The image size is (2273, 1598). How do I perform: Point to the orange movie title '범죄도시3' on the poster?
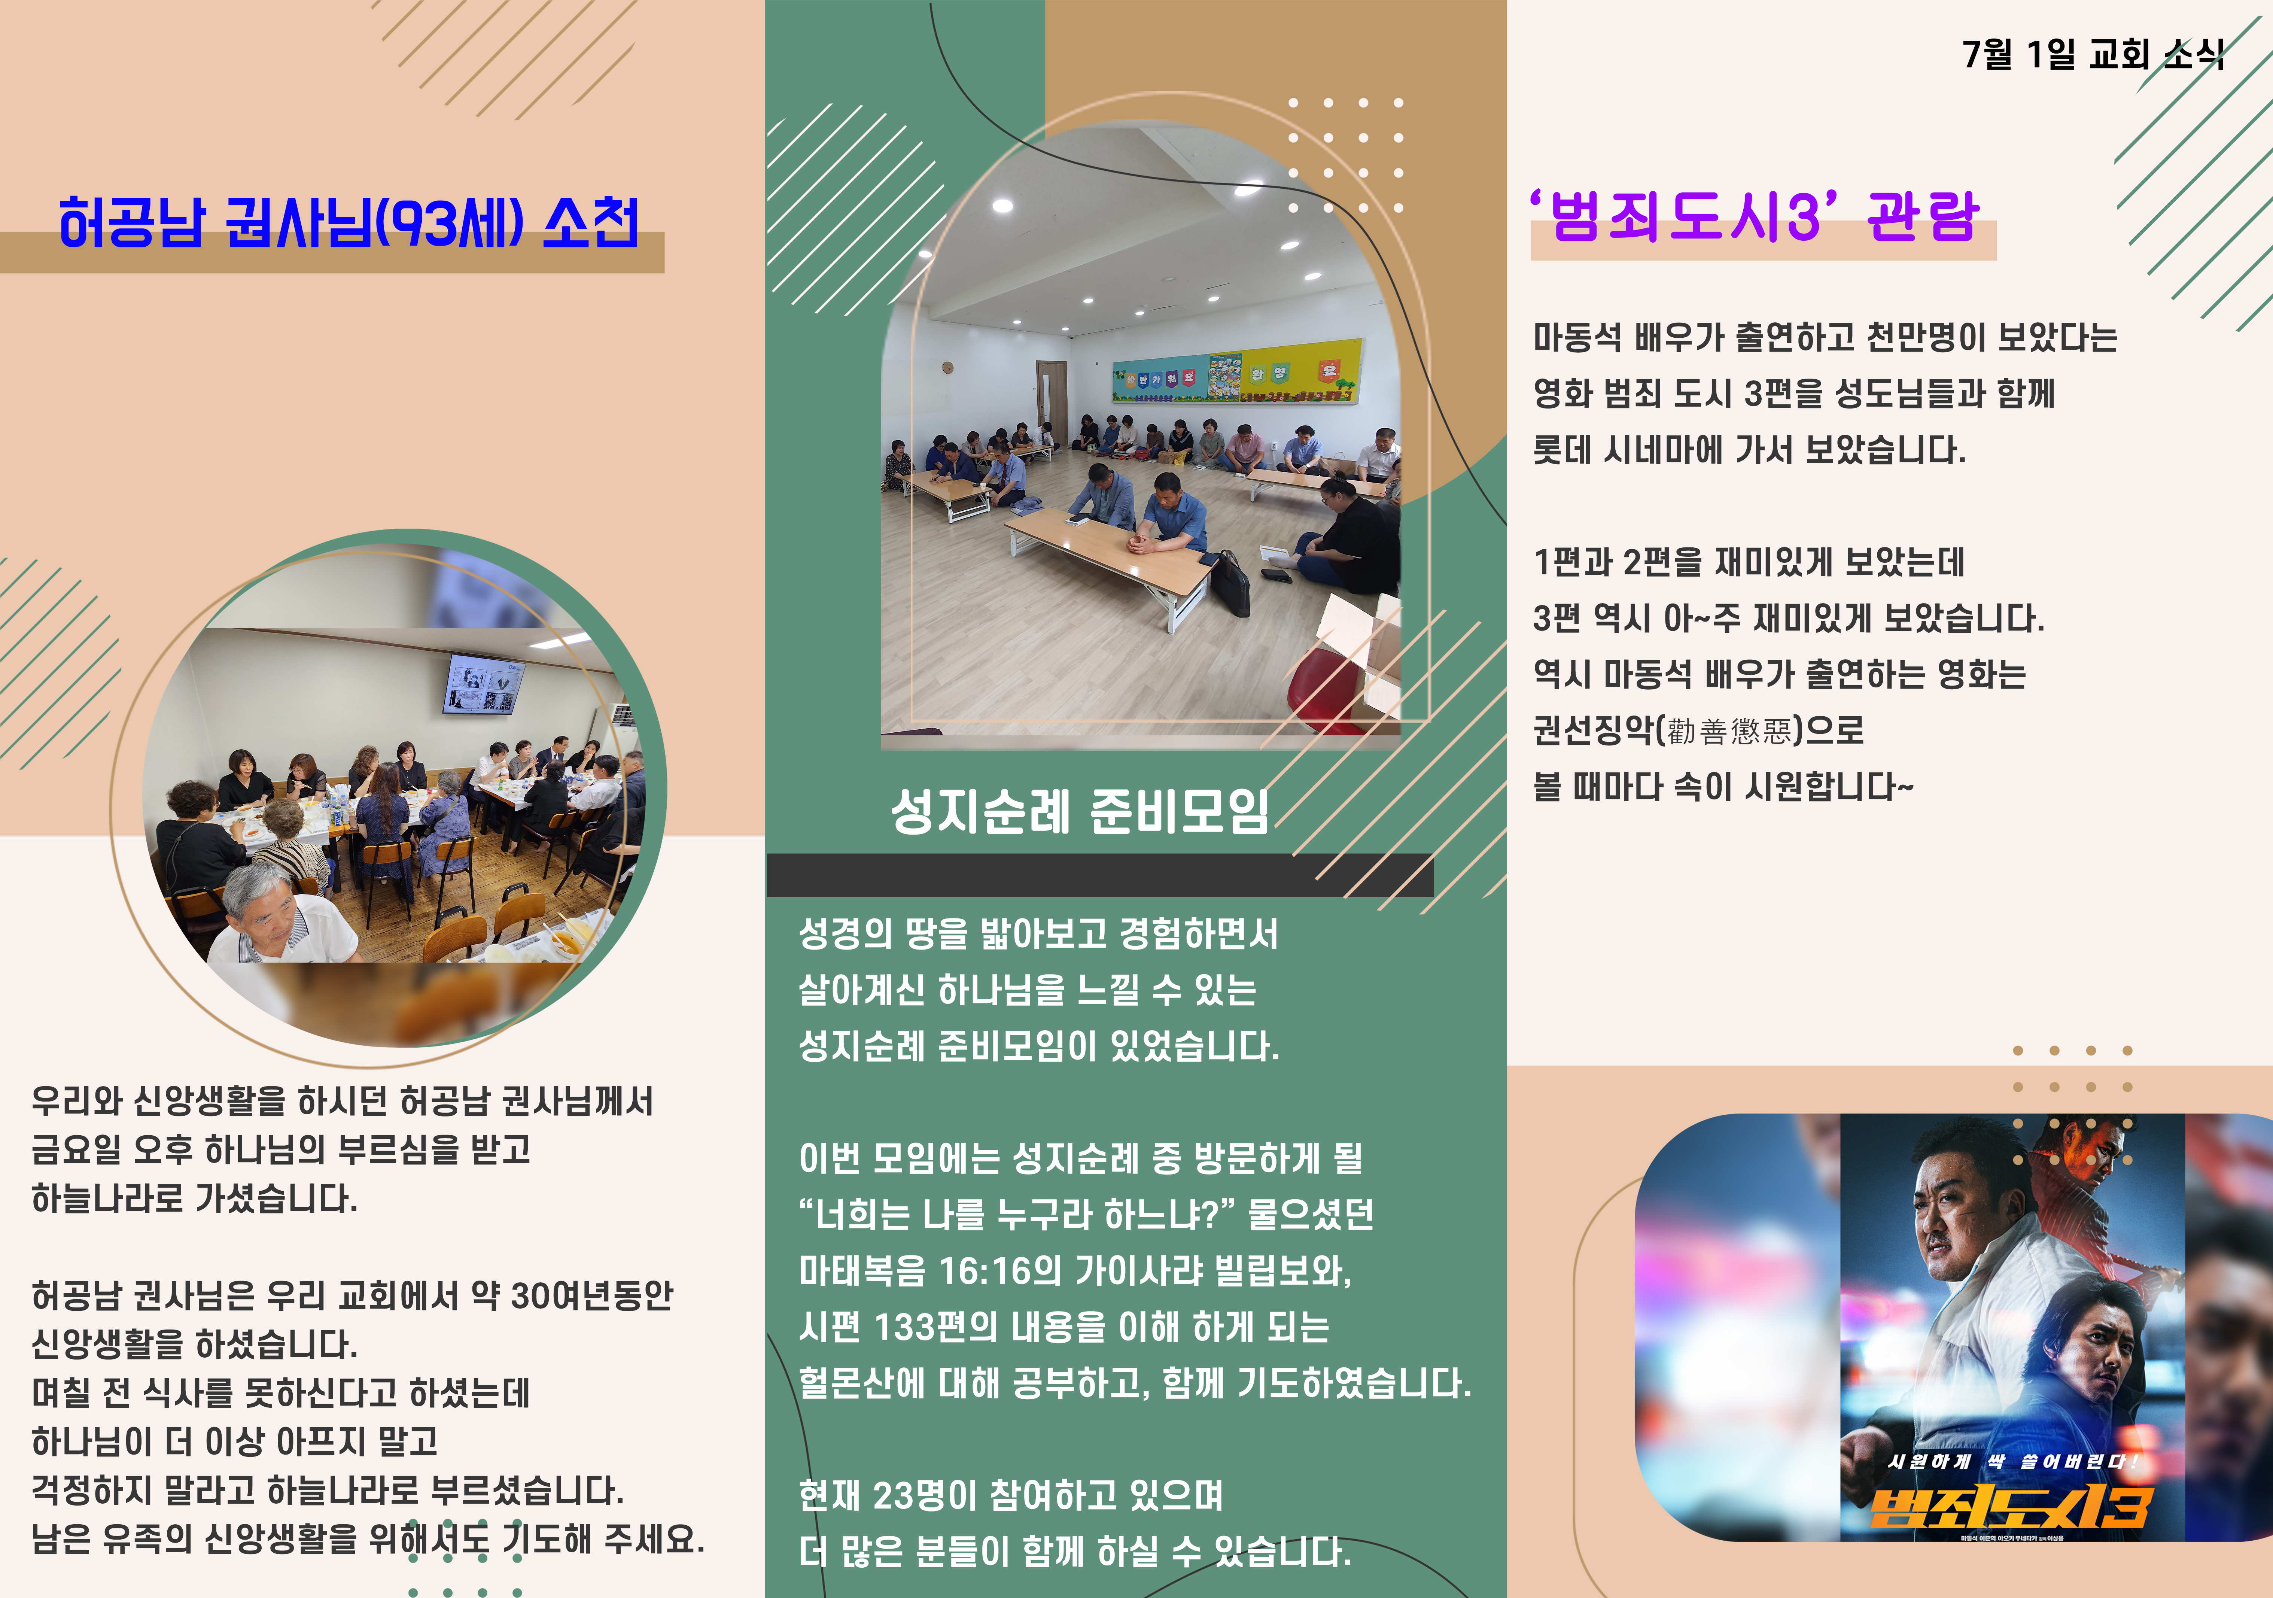2010,1507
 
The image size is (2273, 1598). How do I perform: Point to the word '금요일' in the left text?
76,1149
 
